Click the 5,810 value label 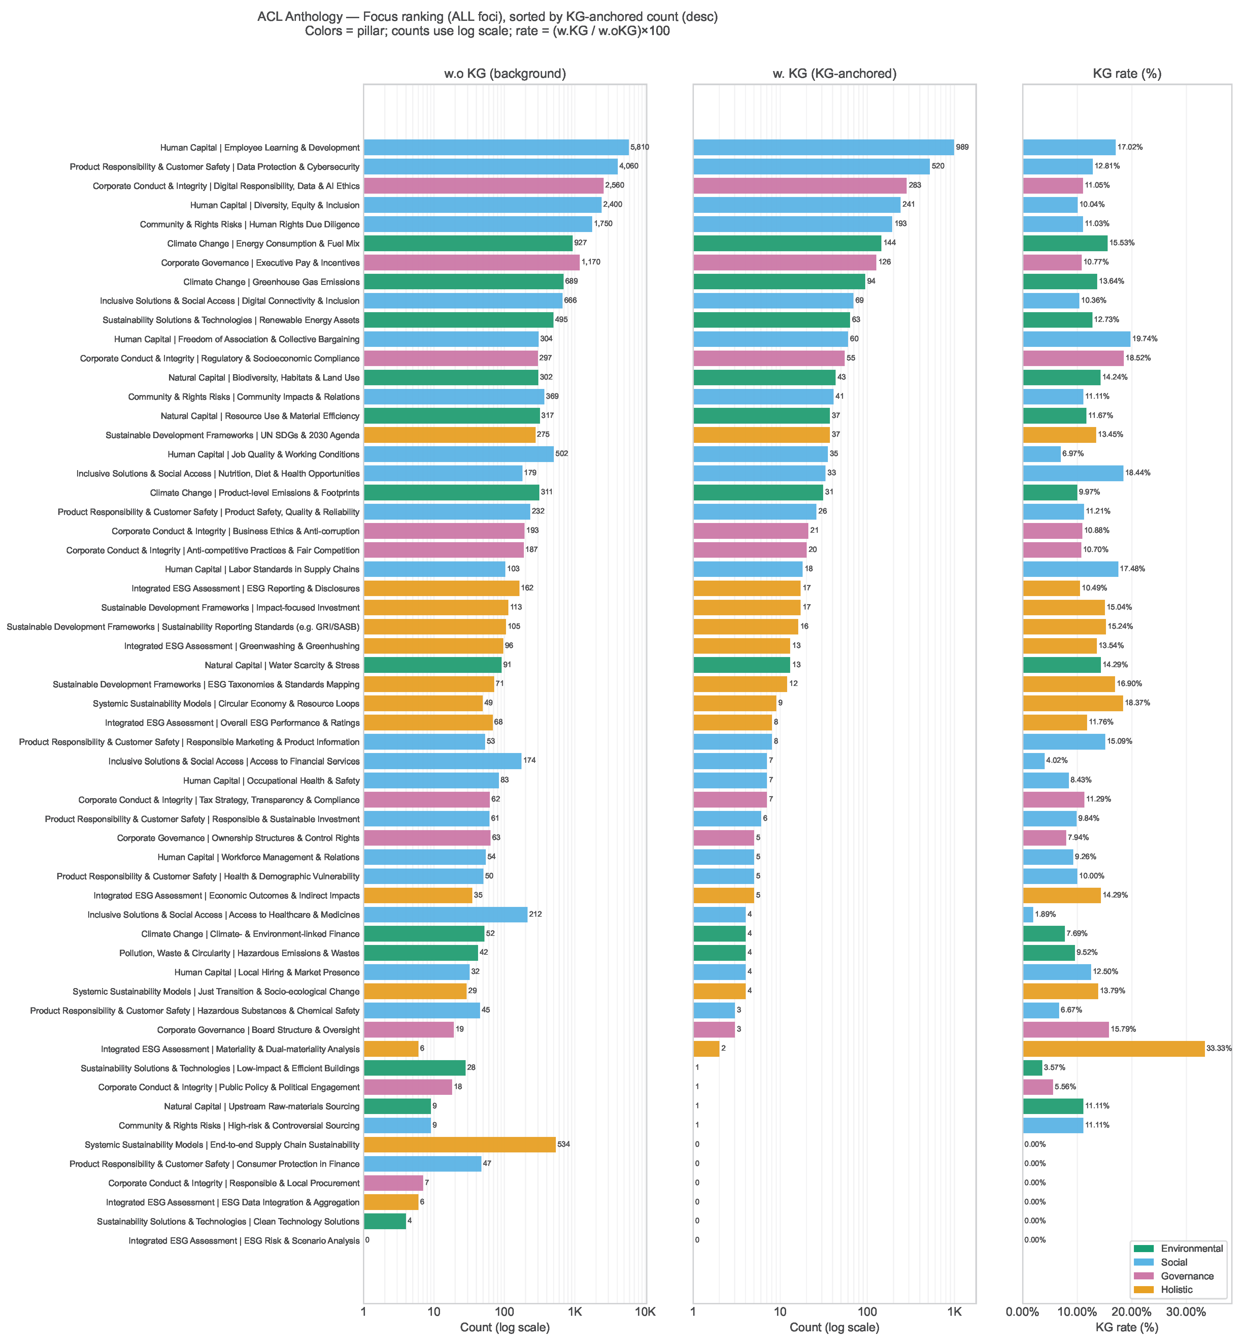[639, 147]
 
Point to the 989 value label [962, 147]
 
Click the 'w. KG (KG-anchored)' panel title [834, 73]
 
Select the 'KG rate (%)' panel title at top [1126, 73]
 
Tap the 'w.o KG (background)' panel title [505, 73]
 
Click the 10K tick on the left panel [645, 1312]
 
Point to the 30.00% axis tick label [1186, 1312]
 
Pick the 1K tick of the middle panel [954, 1312]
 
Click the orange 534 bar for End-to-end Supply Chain [460, 1145]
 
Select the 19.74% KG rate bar [1076, 339]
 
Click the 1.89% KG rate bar [1028, 915]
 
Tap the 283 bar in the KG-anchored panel [800, 185]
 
